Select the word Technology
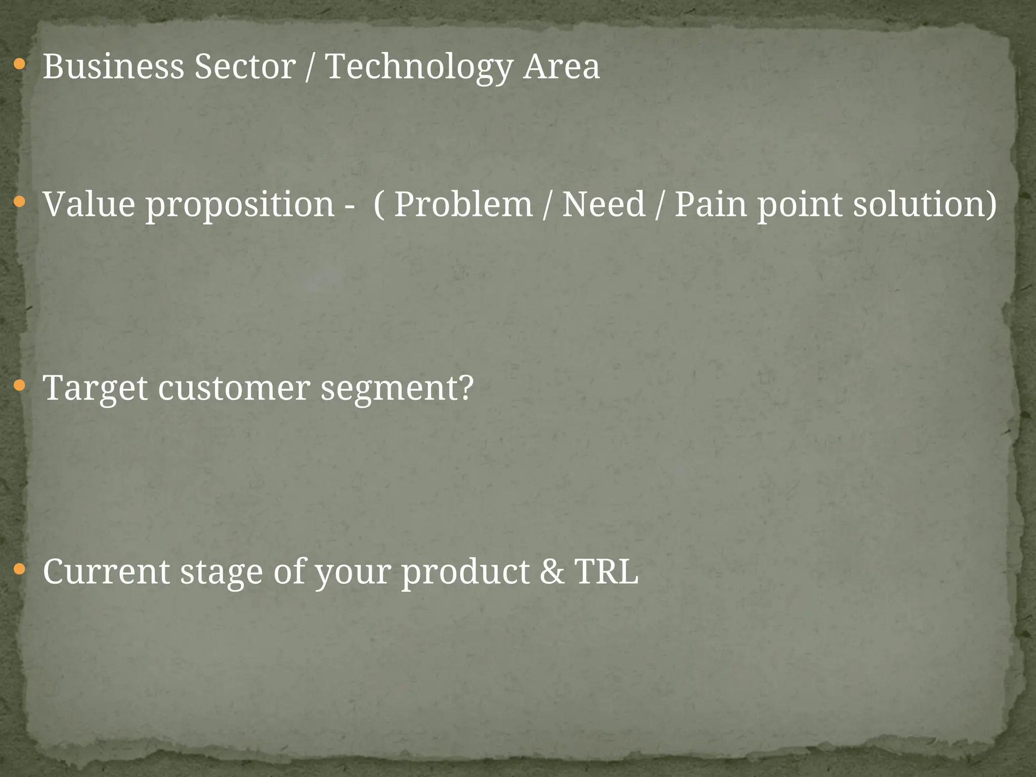[x=419, y=67]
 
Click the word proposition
[x=240, y=205]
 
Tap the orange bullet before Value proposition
[x=19, y=202]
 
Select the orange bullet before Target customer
[x=19, y=386]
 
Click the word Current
[x=106, y=572]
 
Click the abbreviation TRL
[x=607, y=572]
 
